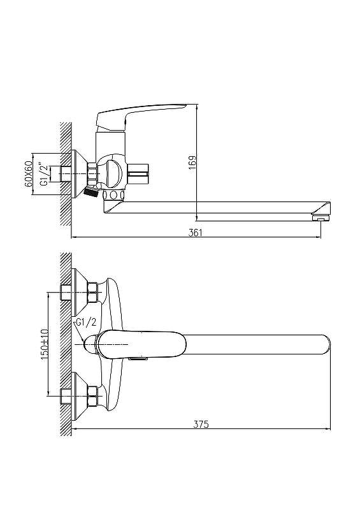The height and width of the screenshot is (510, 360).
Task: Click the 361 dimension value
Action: (x=196, y=233)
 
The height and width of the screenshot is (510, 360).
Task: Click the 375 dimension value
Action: (x=201, y=424)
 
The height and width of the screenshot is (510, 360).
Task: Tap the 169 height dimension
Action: (x=192, y=163)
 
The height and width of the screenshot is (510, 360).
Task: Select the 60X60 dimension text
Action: (x=29, y=173)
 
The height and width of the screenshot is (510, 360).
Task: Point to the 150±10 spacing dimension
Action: (x=44, y=344)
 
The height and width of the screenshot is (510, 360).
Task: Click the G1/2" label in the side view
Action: (x=44, y=175)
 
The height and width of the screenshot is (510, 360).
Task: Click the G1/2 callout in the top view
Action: (x=86, y=323)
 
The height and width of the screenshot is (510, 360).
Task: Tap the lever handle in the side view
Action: (x=141, y=116)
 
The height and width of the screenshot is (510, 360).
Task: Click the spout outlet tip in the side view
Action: (x=321, y=215)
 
